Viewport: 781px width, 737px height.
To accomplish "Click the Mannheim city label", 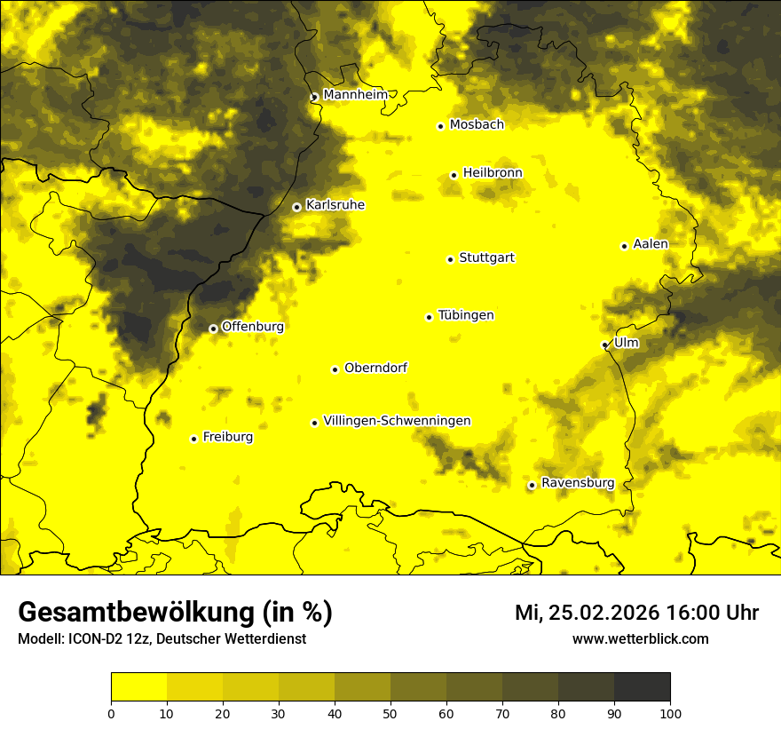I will (355, 94).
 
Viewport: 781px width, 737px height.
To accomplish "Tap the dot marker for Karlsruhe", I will (296, 207).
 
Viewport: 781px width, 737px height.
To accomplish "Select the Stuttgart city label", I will (486, 258).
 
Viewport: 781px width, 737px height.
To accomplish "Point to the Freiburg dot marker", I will (193, 439).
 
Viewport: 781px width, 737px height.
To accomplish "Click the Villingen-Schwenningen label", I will (397, 421).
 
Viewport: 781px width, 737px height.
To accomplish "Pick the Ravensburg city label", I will (577, 483).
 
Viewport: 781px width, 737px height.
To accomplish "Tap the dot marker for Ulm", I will (604, 345).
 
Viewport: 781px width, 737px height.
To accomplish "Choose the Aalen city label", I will (651, 244).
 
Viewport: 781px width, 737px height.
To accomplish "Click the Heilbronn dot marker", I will (454, 175).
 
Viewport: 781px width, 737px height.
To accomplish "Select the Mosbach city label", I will (477, 124).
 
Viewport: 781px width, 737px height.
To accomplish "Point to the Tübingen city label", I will (466, 315).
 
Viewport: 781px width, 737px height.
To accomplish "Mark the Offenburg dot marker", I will (213, 329).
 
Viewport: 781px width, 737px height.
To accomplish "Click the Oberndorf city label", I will (375, 368).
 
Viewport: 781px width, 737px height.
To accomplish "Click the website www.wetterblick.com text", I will (640, 638).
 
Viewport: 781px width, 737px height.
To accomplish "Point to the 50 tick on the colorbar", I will (390, 712).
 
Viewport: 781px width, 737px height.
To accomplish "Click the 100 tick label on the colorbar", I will (670, 712).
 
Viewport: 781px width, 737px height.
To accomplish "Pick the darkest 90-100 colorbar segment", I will (642, 687).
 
